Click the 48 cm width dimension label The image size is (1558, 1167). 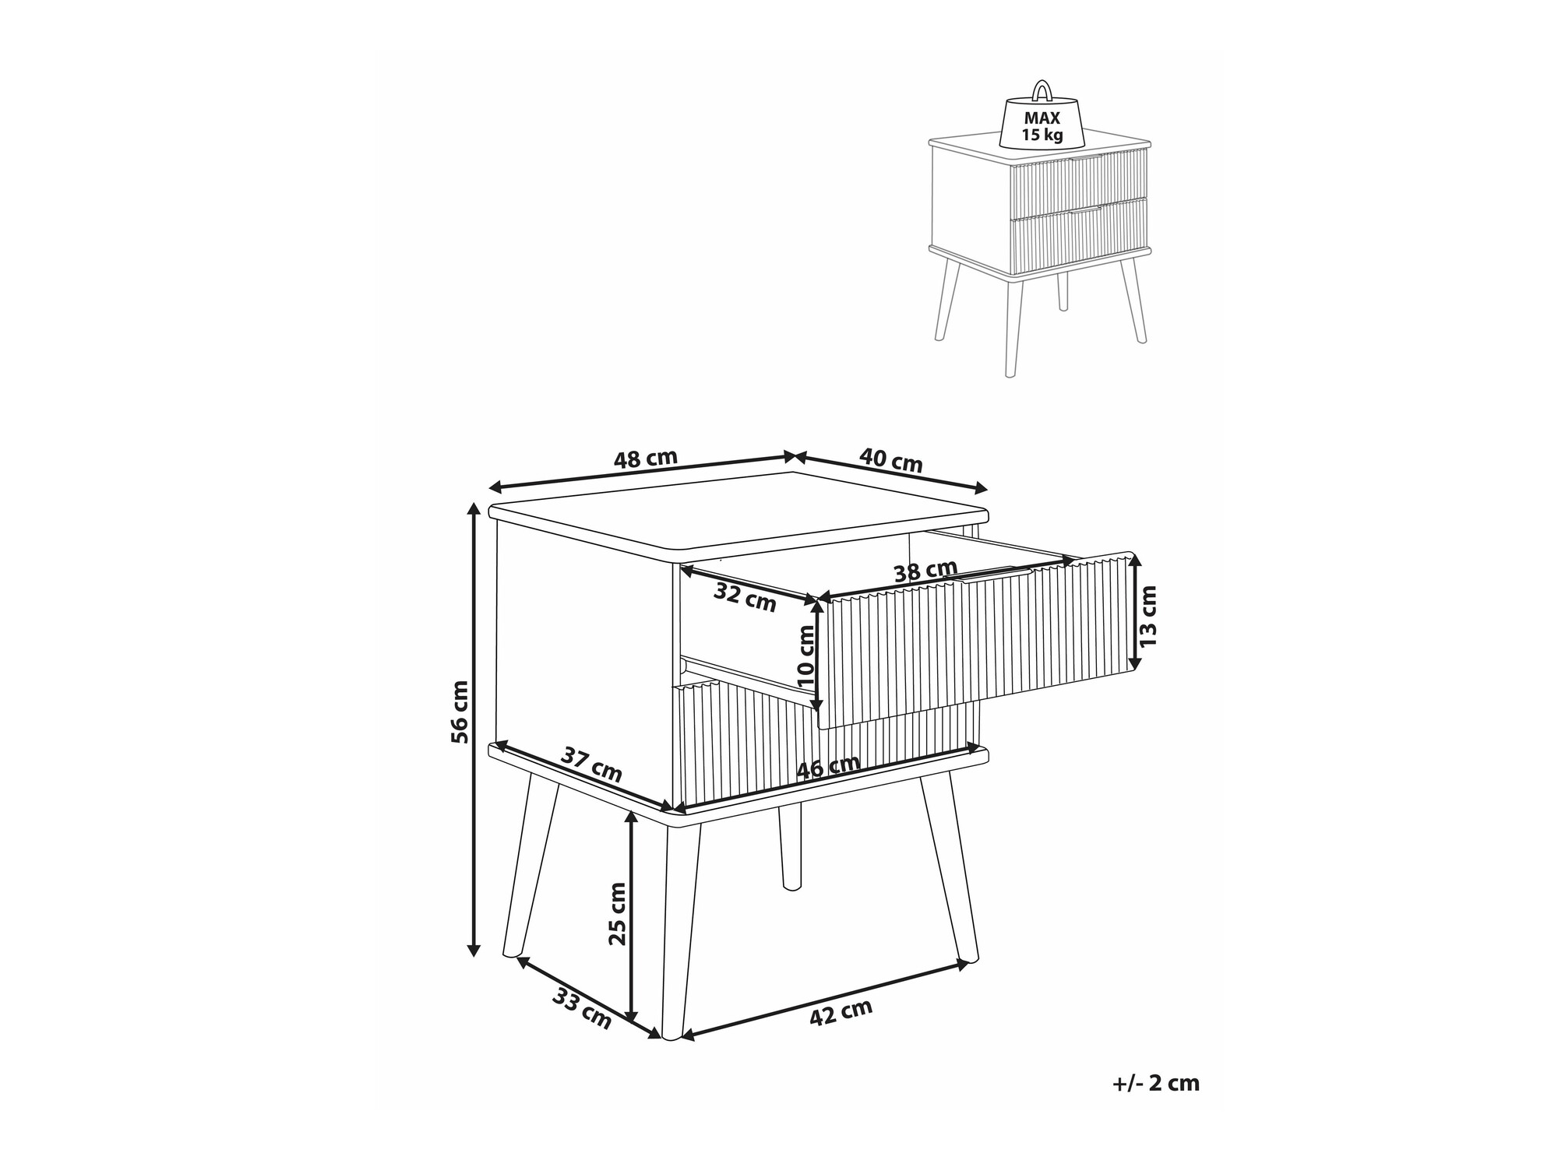click(x=646, y=459)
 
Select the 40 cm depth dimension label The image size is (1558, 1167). click(x=890, y=459)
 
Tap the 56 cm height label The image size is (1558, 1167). click(x=460, y=712)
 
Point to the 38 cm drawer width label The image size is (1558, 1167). click(x=925, y=571)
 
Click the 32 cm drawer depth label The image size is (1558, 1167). click(x=746, y=597)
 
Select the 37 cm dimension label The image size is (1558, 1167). click(x=592, y=765)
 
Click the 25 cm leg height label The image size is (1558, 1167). click(x=617, y=913)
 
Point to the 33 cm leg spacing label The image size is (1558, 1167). click(x=582, y=1009)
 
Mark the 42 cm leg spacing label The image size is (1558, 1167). click(x=841, y=1013)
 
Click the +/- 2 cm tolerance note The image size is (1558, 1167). click(x=1156, y=1083)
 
